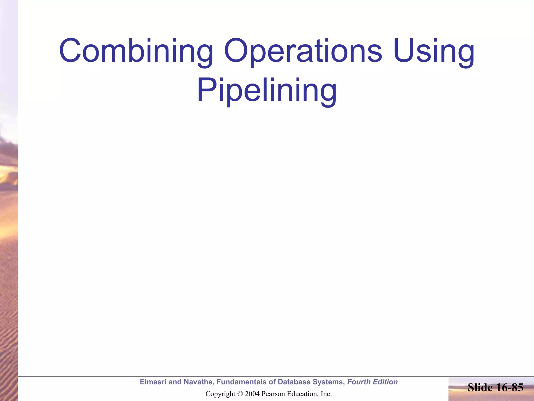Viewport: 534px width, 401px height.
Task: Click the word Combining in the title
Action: coord(136,51)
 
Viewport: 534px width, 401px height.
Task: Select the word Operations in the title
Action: coord(303,51)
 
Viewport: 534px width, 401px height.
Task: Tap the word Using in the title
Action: coord(434,51)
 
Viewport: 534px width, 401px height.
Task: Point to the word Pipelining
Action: coord(267,91)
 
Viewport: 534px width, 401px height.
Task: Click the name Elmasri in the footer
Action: coord(153,382)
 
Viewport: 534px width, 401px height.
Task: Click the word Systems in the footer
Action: coord(329,382)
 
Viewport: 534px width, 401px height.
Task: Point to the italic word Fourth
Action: coord(359,382)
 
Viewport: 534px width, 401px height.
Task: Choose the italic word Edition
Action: coord(385,382)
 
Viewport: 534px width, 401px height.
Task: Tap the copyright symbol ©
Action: coord(240,394)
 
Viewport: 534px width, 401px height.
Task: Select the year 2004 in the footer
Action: coord(252,394)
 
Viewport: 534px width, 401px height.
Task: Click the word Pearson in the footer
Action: coord(272,394)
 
